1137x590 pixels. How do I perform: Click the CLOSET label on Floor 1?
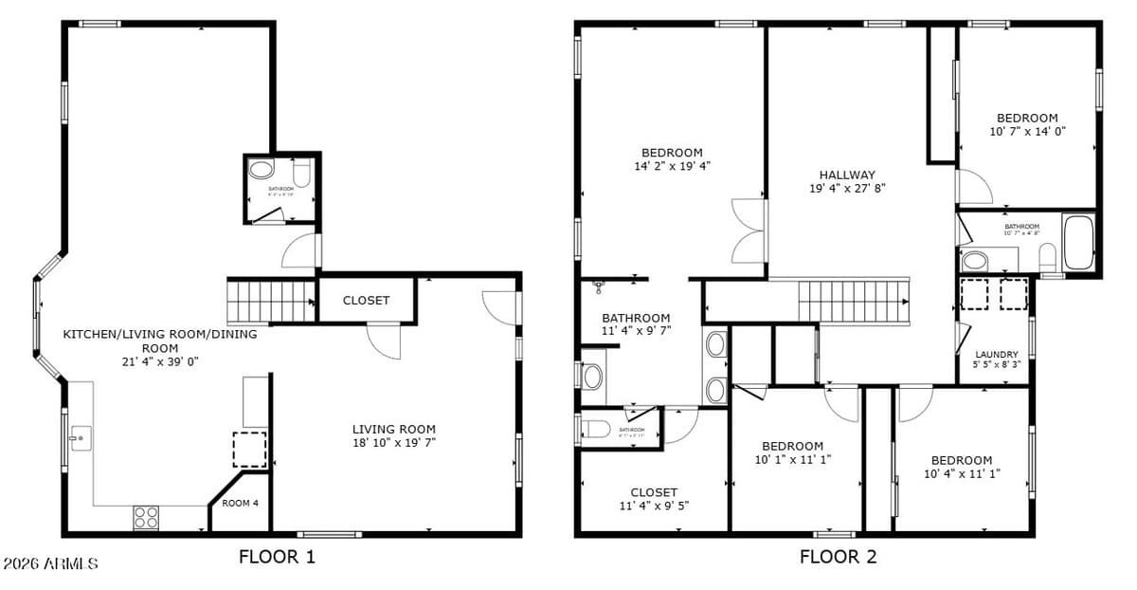(366, 301)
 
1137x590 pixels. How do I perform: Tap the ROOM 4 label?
(240, 503)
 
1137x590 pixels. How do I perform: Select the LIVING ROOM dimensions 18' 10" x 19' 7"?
(394, 442)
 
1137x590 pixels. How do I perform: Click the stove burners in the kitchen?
(146, 517)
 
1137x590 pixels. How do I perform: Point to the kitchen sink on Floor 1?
(81, 438)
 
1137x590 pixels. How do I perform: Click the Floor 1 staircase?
(270, 303)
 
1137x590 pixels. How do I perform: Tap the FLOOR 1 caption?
(277, 557)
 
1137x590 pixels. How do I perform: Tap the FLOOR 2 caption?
(838, 557)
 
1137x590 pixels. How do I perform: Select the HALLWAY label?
(847, 175)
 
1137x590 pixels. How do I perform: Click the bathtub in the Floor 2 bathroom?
(1078, 244)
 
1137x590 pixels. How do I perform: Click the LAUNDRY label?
(996, 354)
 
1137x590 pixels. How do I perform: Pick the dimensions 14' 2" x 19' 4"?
(672, 166)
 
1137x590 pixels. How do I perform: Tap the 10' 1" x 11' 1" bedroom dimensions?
(792, 460)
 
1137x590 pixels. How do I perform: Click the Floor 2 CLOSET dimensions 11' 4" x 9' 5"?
(654, 506)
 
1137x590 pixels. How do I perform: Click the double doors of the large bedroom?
(748, 231)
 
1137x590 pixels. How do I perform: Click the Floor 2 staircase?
(853, 302)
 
